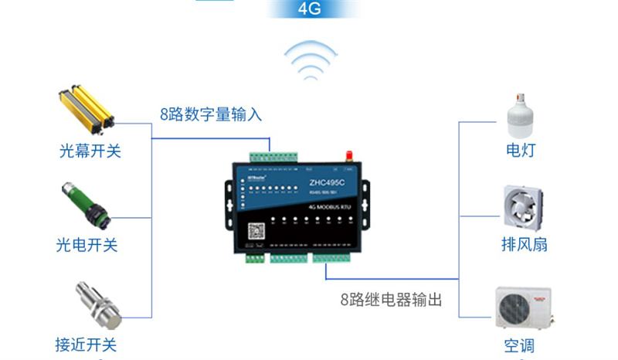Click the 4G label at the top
click(309, 9)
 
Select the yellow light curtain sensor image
click(87, 107)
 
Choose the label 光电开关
click(87, 245)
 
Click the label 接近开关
click(87, 345)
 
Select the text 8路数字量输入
click(212, 115)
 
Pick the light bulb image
click(519, 114)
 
